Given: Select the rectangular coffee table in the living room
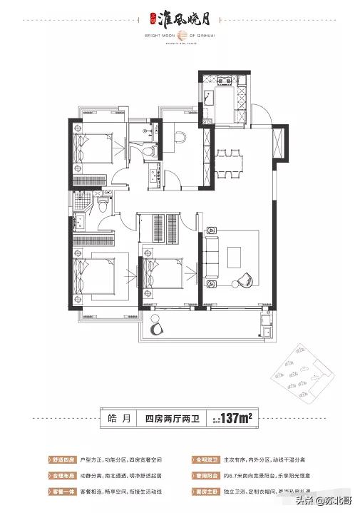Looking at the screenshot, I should tap(236, 255).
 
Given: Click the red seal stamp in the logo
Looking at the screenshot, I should tap(153, 11).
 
